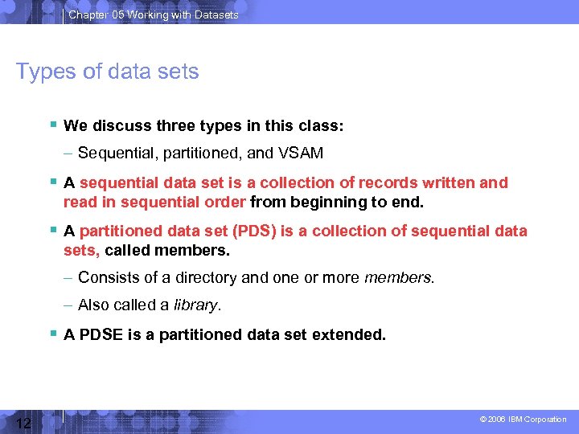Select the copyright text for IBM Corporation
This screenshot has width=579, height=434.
[x=523, y=420]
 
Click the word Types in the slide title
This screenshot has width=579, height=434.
[x=42, y=72]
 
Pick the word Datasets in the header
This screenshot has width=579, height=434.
[x=217, y=14]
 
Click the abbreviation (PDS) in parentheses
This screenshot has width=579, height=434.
[x=254, y=231]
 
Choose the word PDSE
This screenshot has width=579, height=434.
[x=101, y=334]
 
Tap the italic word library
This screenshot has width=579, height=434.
[x=199, y=305]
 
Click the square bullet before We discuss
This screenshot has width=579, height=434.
[x=51, y=125]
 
